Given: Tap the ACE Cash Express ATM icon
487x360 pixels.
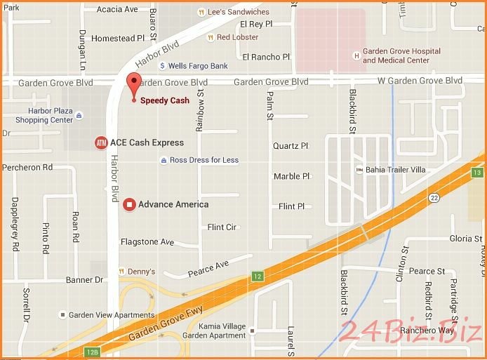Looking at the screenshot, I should [101, 142].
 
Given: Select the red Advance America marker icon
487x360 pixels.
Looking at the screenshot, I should [128, 205].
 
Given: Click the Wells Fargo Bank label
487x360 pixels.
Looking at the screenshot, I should [194, 66].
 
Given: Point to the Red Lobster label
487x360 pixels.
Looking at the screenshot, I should [237, 37].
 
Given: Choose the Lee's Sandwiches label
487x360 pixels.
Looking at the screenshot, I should [238, 12].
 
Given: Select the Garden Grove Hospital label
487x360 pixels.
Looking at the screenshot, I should [401, 55].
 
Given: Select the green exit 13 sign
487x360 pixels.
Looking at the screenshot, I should [477, 173].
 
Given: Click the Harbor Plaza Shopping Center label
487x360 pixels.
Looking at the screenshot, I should [49, 115].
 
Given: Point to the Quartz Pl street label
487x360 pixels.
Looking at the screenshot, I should [291, 146].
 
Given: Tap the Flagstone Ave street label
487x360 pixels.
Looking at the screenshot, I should [147, 242].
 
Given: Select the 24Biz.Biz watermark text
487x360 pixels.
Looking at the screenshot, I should [410, 330].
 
